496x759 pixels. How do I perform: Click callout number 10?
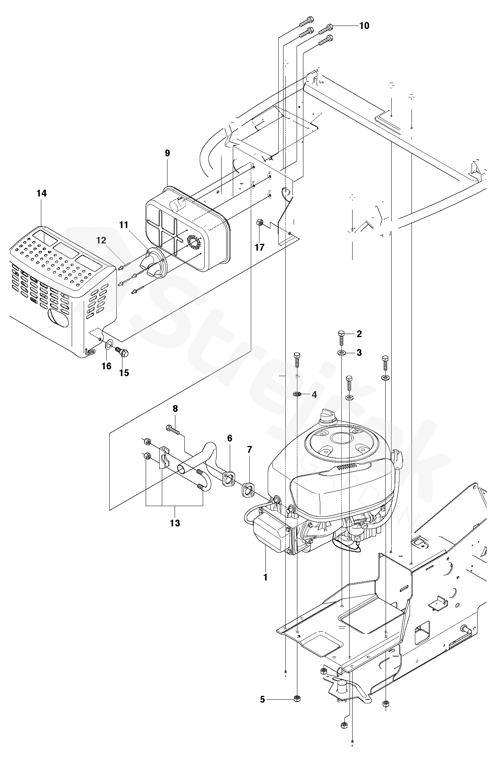(364, 26)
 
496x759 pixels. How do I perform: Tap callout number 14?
(42, 193)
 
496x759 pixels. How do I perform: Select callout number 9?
(167, 153)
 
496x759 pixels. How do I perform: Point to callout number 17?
(259, 247)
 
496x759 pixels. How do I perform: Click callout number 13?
(175, 523)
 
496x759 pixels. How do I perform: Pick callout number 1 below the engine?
(265, 577)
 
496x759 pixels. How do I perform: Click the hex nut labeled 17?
(259, 223)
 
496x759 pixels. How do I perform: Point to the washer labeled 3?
(341, 353)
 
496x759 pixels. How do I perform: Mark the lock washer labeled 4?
(297, 394)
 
